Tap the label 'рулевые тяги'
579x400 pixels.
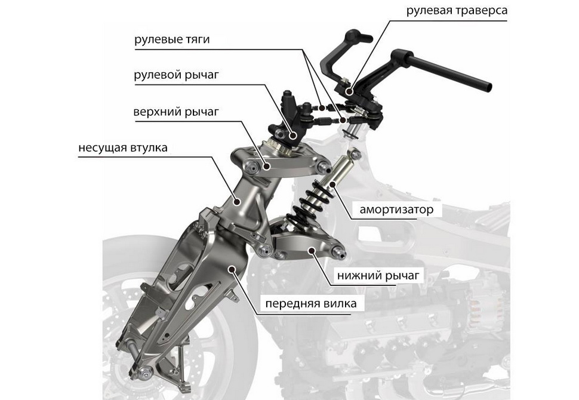coord(172,40)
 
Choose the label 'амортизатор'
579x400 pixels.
coord(401,210)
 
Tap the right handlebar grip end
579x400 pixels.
coord(486,85)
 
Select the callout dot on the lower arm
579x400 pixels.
coord(310,250)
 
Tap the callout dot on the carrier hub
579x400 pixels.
coord(238,201)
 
